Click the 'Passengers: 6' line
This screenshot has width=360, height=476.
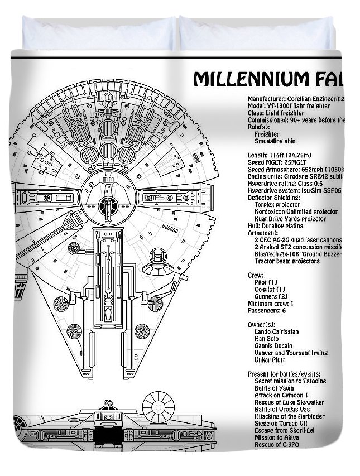[267, 310]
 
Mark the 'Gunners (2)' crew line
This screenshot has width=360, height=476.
[271, 296]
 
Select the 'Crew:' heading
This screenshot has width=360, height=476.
[256, 275]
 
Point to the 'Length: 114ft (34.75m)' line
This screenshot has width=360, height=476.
[279, 155]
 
